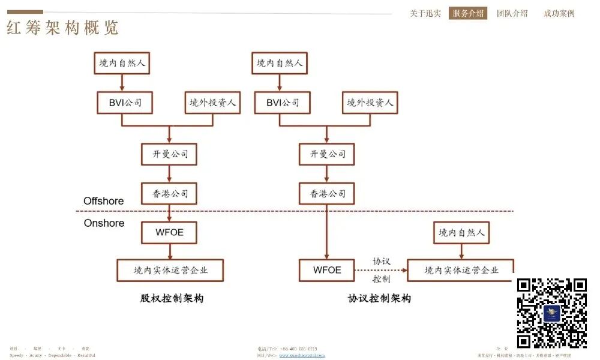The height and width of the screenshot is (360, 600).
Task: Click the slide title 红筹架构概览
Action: tap(63, 28)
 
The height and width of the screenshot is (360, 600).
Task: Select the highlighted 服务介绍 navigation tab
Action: tap(468, 13)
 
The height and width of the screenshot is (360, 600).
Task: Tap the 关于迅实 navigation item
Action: tap(425, 13)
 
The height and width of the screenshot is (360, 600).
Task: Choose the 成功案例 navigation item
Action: tap(559, 13)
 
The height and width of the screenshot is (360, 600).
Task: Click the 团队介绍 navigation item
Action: tap(512, 13)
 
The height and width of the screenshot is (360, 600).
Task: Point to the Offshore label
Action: tap(103, 201)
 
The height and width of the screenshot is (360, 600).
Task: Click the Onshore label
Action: tap(104, 223)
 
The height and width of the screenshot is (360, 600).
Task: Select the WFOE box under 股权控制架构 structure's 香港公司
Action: tap(169, 232)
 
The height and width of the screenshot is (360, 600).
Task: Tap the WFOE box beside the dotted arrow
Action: tap(327, 270)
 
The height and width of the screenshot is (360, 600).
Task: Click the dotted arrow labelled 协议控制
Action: tap(381, 271)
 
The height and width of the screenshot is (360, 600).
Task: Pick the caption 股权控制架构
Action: tap(172, 298)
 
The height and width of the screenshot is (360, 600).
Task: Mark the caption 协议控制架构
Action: tap(379, 298)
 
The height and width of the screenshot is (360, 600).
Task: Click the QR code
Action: tap(551, 313)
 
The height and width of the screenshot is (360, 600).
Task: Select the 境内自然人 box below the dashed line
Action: tap(461, 232)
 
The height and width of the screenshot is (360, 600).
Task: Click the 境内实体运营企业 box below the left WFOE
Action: tap(170, 270)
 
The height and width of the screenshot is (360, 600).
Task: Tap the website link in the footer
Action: tap(302, 355)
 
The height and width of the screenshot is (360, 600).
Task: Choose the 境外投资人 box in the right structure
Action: tap(370, 103)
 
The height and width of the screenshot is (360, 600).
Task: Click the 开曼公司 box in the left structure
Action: tap(169, 154)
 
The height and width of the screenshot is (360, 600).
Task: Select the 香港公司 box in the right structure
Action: tap(327, 193)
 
